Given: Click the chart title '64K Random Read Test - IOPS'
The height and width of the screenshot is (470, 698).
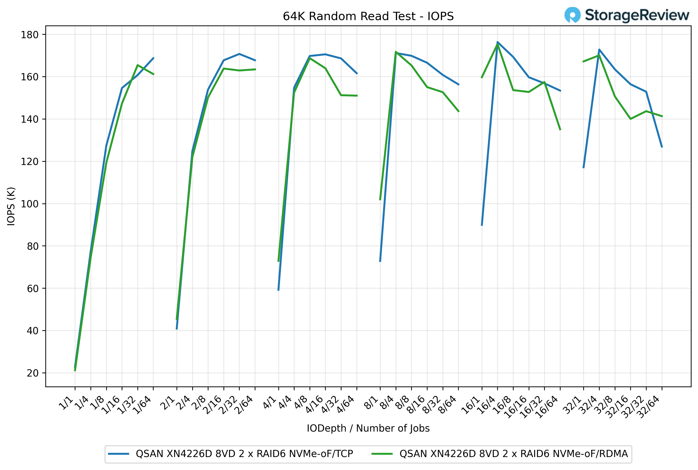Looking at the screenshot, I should [368, 16].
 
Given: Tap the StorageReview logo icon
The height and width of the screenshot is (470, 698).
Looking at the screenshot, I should [572, 15].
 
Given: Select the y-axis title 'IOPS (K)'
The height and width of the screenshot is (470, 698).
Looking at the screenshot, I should [11, 206].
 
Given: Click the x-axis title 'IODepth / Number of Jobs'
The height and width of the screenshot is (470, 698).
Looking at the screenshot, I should [368, 428].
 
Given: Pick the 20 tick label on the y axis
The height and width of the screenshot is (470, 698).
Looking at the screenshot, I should [33, 373].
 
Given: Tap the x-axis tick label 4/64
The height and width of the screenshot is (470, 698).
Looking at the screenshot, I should [346, 405].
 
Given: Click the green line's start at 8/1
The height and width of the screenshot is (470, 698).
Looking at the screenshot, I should [380, 200].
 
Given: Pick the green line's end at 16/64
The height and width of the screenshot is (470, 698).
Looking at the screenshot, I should [560, 130].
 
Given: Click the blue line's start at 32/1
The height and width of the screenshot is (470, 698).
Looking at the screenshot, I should [583, 168].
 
